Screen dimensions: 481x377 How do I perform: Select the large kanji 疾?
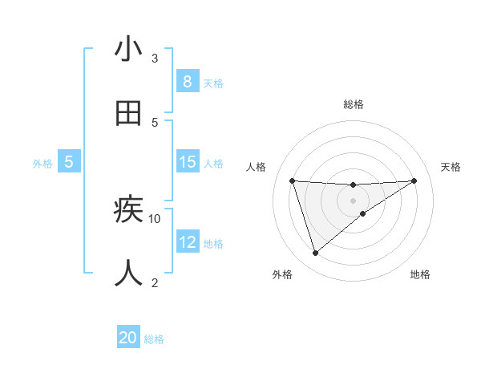(128, 210)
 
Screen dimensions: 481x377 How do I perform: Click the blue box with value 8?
(187, 82)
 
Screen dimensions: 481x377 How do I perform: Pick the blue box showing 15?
(187, 162)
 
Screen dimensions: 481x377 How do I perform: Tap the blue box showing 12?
(187, 242)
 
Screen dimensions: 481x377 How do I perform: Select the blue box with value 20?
(128, 338)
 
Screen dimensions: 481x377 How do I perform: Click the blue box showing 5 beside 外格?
(69, 162)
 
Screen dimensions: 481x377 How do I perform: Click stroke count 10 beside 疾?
(155, 218)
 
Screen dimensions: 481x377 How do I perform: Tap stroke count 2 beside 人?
(155, 282)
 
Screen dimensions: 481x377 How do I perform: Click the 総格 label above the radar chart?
(354, 104)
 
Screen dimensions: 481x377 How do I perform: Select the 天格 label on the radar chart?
(451, 167)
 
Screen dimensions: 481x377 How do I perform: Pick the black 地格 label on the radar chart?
(420, 274)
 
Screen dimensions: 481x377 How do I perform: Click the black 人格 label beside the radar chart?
(257, 167)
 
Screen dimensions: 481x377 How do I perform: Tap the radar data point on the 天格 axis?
(414, 180)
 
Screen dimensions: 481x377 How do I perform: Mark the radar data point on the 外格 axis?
(315, 253)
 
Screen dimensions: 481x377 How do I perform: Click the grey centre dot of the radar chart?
(354, 200)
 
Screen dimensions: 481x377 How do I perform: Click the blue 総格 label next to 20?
(154, 339)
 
